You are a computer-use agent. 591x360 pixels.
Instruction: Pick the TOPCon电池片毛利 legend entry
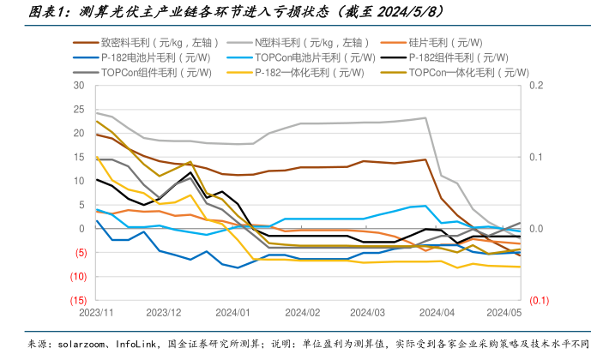pyautogui.click(x=316, y=57)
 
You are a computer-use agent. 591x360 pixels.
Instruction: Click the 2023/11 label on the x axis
pyautogui.click(x=95, y=314)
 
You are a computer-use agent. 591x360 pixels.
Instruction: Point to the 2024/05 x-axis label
pyautogui.click(x=504, y=314)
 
